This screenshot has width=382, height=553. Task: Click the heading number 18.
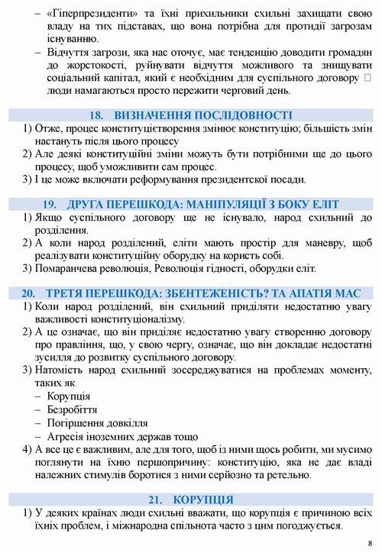point(96,115)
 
